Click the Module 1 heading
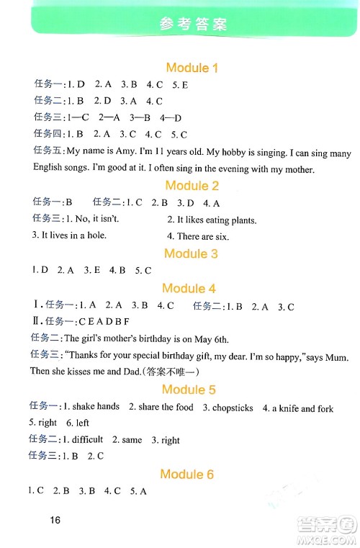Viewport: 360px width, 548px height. (192, 68)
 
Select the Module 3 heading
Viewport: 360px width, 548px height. (191, 253)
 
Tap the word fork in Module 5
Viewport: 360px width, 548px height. (324, 408)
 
